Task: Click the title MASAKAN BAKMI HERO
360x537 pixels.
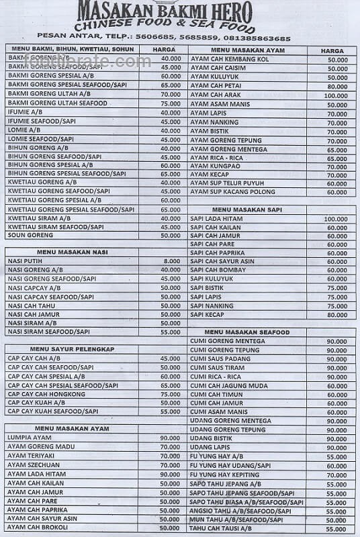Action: coord(165,11)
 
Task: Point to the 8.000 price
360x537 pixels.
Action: coord(171,260)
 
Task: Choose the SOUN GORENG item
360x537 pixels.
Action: coord(30,236)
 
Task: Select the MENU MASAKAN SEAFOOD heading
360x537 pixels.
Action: coord(247,332)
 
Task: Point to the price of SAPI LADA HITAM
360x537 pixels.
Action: coord(336,219)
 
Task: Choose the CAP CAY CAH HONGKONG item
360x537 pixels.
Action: coord(46,394)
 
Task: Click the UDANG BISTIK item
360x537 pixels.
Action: coord(211,438)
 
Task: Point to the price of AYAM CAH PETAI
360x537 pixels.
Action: coord(336,87)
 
